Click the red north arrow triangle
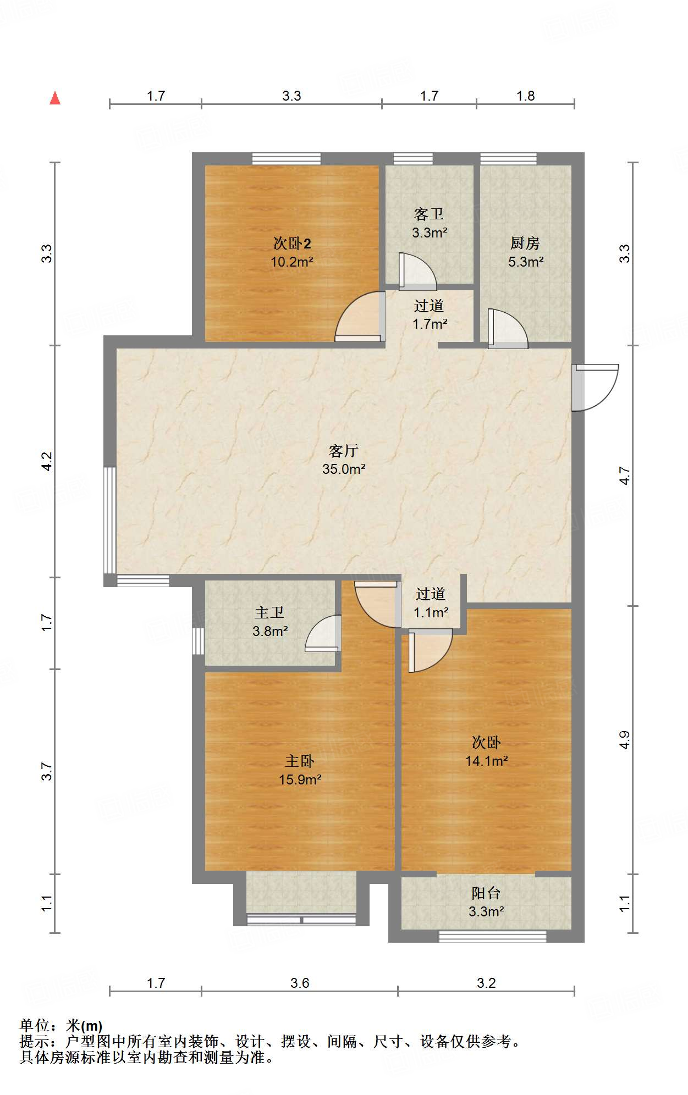point(55,98)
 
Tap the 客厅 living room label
point(344,451)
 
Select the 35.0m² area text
point(344,469)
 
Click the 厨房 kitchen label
point(525,243)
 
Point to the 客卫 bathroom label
point(429,214)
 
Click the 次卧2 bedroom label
point(292,243)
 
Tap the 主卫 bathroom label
point(269,612)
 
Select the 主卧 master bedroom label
point(300,761)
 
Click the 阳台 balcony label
point(486,893)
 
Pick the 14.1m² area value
point(486,761)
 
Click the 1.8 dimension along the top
point(525,96)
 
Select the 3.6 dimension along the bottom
point(300,983)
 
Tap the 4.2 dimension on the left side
point(47,461)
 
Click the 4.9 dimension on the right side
point(624,740)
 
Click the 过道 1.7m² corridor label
point(430,314)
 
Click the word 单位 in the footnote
point(35,1025)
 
